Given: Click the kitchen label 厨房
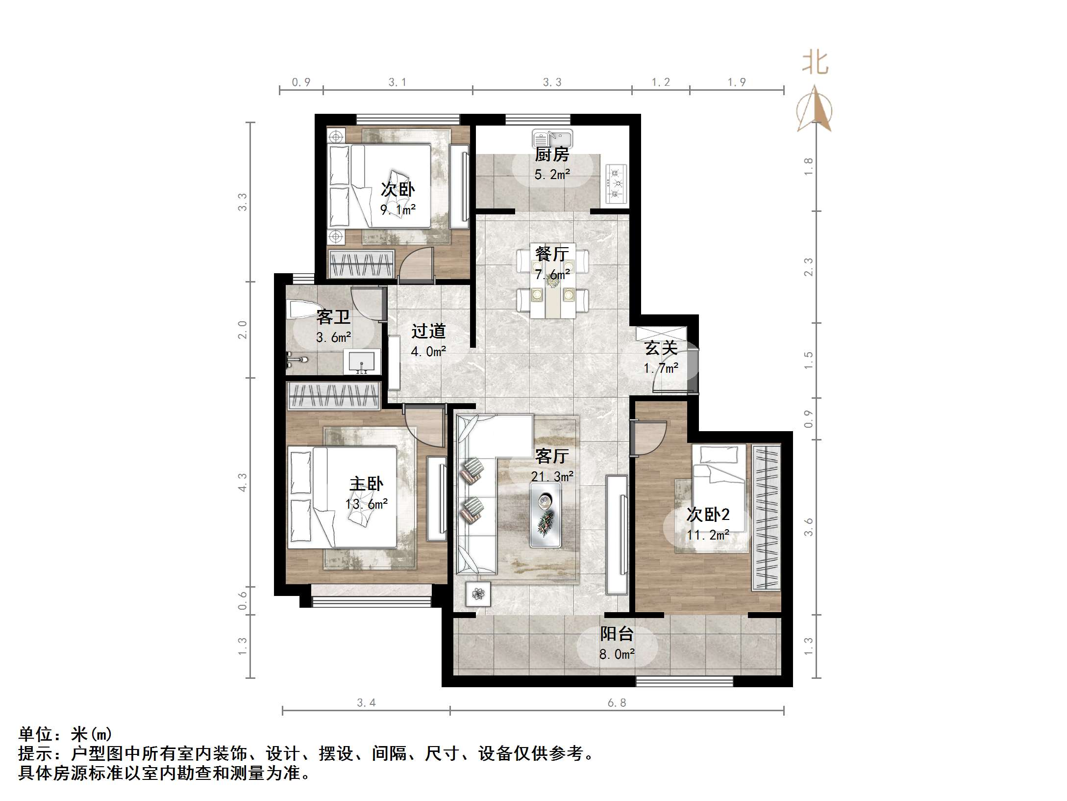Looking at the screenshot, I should (552, 155).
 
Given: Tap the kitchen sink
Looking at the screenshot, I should (552, 138).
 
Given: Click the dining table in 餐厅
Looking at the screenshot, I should (552, 284).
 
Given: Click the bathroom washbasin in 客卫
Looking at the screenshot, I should (362, 362).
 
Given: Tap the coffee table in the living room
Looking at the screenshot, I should (546, 515).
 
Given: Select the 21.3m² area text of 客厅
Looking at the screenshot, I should (552, 476).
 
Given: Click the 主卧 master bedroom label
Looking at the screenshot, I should (366, 484).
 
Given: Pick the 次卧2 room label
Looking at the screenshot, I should (708, 515).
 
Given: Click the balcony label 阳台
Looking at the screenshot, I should (617, 634).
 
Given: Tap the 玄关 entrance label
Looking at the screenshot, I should (661, 348).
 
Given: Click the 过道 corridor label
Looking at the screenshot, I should (428, 331).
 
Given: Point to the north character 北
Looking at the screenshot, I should (815, 63).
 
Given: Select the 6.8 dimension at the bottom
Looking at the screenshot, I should (617, 703).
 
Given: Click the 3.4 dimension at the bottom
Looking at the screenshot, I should (366, 703).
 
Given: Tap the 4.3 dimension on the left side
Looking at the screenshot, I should (243, 482).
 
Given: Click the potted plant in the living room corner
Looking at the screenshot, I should (477, 594).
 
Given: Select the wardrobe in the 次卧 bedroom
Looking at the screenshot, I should (362, 264).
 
